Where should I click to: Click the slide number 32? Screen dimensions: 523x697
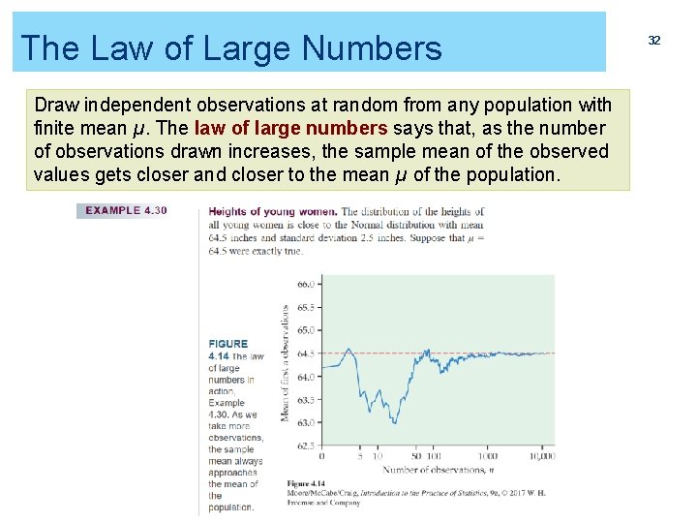(654, 40)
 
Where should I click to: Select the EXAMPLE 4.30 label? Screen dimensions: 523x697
(126, 211)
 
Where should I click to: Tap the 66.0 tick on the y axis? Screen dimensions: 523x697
(306, 285)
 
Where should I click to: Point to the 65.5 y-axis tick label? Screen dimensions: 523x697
(306, 307)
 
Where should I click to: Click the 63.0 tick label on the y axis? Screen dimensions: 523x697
(306, 422)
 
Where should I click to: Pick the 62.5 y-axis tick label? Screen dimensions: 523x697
(306, 446)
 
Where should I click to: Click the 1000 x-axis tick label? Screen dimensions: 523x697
(487, 456)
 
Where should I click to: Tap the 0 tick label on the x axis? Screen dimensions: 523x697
(322, 456)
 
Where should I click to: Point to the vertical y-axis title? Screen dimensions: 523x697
(286, 363)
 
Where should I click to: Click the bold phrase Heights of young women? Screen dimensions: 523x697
(273, 211)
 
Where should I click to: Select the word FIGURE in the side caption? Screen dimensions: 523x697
(228, 344)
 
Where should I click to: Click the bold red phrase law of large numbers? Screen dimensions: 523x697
(291, 128)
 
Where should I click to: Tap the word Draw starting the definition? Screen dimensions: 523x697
(56, 105)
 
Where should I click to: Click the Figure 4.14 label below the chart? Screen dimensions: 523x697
(307, 482)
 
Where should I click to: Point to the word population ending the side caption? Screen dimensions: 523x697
(231, 508)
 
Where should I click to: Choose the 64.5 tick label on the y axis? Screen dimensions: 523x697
(306, 354)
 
